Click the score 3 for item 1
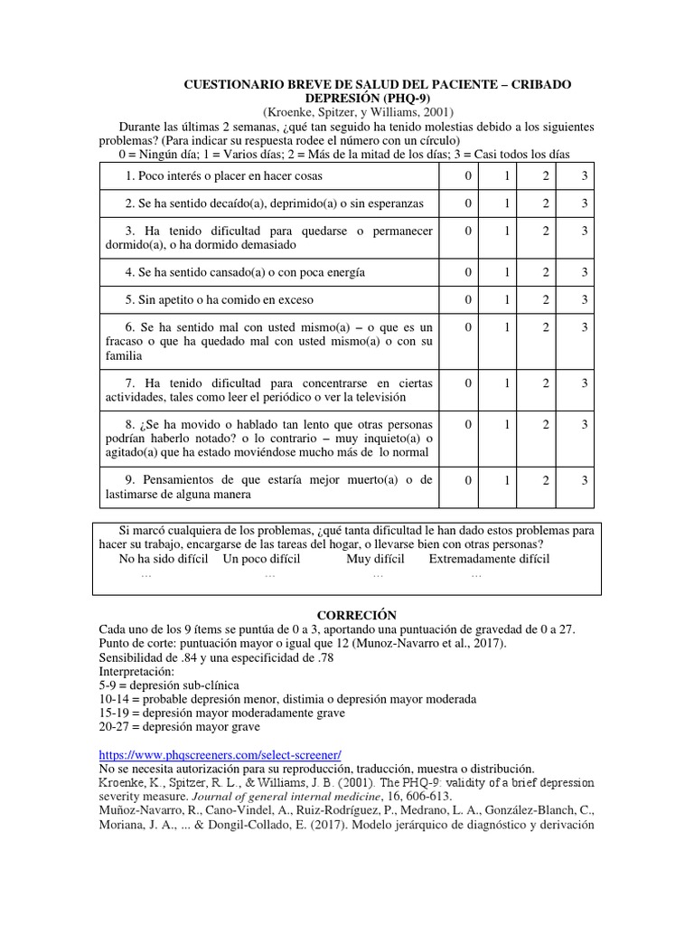tap(585, 175)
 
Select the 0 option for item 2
tap(468, 203)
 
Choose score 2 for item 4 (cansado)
tap(546, 271)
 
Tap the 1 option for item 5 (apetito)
tap(507, 298)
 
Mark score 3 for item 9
tap(585, 479)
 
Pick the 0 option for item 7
tap(468, 383)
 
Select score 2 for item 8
tap(546, 424)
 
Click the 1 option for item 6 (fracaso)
tap(507, 326)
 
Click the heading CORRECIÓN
tap(347, 615)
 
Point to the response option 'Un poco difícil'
tap(261, 559)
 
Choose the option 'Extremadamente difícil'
tap(489, 559)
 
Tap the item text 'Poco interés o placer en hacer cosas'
tap(224, 175)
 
